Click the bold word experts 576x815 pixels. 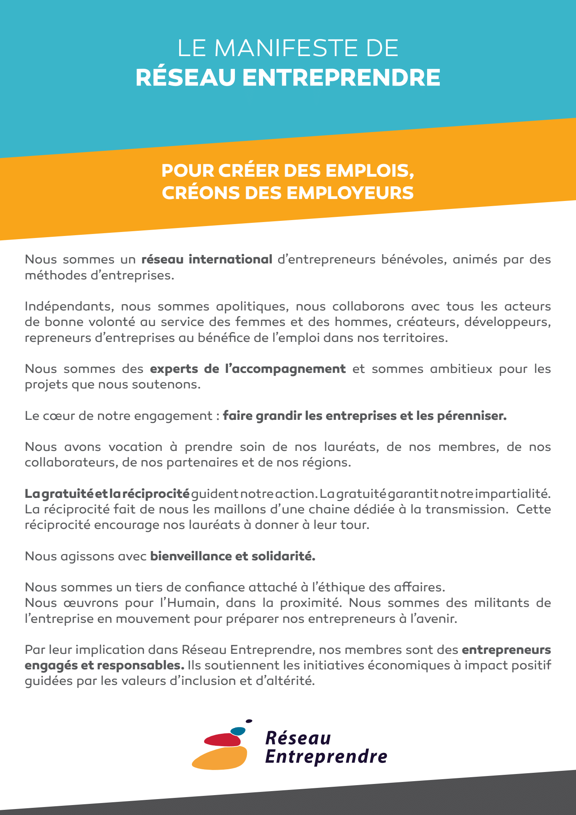pyautogui.click(x=174, y=369)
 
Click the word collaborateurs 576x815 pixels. pyautogui.click(x=70, y=463)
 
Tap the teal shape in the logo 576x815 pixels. pyautogui.click(x=238, y=731)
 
